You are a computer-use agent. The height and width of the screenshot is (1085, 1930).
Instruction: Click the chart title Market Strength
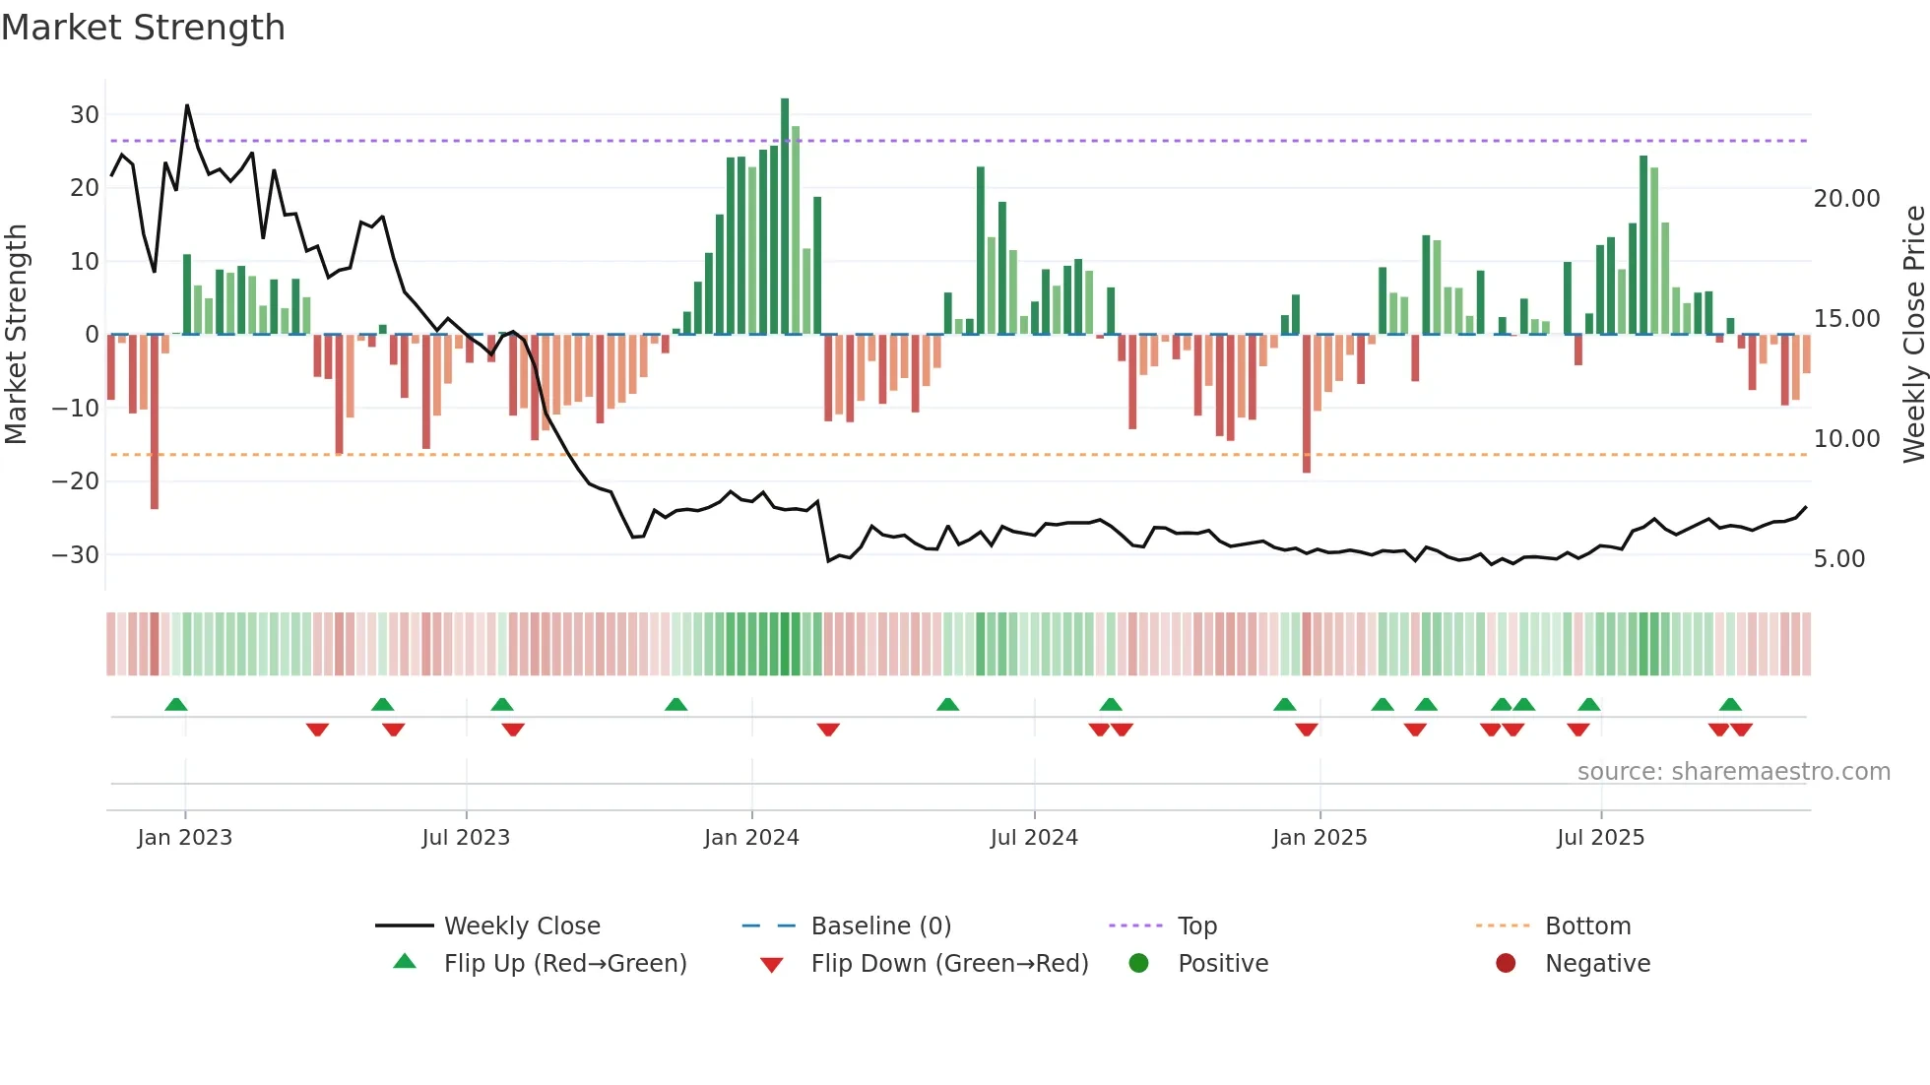pyautogui.click(x=143, y=28)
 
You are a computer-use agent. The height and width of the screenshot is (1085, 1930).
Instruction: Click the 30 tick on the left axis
pyautogui.click(x=85, y=114)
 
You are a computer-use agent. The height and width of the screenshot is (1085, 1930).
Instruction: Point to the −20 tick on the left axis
pyautogui.click(x=77, y=481)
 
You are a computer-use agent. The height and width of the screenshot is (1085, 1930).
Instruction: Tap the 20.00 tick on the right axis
pyautogui.click(x=1846, y=199)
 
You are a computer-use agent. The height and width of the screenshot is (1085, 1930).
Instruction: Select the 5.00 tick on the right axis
pyautogui.click(x=1838, y=559)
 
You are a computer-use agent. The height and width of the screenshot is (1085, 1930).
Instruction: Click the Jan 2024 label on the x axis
pyautogui.click(x=751, y=838)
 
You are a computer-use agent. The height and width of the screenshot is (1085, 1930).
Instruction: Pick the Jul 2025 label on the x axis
pyautogui.click(x=1600, y=838)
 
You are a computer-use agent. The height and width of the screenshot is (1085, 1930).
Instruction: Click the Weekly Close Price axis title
pyautogui.click(x=1913, y=334)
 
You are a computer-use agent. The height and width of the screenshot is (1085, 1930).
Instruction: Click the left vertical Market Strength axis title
pyautogui.click(x=16, y=334)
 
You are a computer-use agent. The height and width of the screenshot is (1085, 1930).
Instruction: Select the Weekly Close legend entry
pyautogui.click(x=522, y=926)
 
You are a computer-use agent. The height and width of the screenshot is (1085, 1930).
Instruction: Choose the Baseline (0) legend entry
pyautogui.click(x=880, y=926)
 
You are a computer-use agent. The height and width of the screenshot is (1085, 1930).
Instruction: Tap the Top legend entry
pyautogui.click(x=1197, y=926)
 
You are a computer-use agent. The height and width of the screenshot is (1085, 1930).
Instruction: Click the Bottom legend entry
pyautogui.click(x=1587, y=926)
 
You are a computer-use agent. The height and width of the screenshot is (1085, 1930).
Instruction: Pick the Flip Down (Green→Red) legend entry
pyautogui.click(x=949, y=964)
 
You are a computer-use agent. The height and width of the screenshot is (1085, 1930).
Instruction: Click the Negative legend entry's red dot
pyautogui.click(x=1505, y=963)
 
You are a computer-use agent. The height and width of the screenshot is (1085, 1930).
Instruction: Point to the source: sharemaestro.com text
pyautogui.click(x=1733, y=772)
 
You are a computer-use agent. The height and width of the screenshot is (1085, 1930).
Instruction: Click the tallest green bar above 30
pyautogui.click(x=785, y=217)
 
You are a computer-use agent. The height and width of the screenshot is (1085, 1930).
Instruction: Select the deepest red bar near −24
pyautogui.click(x=155, y=423)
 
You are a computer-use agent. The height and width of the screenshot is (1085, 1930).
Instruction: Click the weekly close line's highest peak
pyautogui.click(x=187, y=105)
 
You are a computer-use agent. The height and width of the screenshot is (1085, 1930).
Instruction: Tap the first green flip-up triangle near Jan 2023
pyautogui.click(x=176, y=704)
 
